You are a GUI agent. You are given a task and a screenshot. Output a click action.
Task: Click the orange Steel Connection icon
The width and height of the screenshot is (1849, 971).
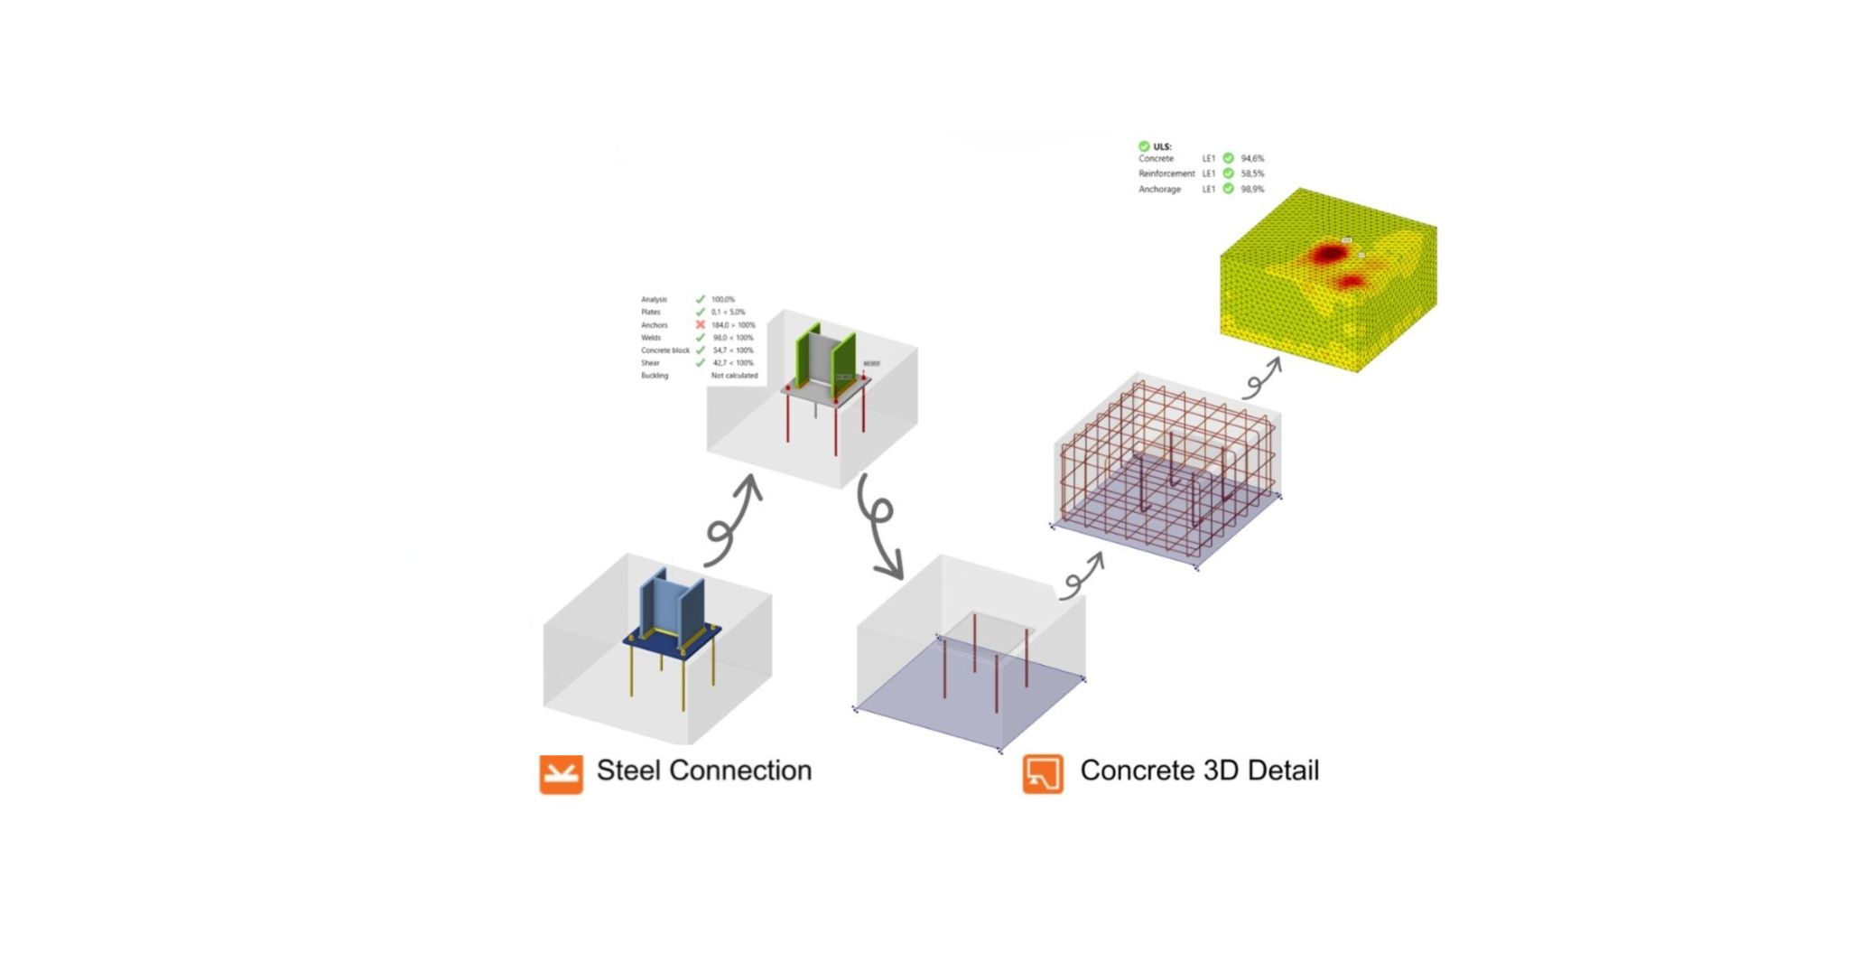pyautogui.click(x=561, y=774)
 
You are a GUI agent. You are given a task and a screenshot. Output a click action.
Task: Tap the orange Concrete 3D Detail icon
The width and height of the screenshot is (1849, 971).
pyautogui.click(x=1043, y=774)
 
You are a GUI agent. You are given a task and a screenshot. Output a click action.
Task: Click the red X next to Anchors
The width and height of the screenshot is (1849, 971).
pyautogui.click(x=700, y=324)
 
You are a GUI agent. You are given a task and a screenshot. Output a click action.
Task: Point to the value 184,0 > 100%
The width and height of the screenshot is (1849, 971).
pyautogui.click(x=733, y=325)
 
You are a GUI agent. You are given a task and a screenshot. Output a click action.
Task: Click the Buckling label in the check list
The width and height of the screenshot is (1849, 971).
pyautogui.click(x=655, y=376)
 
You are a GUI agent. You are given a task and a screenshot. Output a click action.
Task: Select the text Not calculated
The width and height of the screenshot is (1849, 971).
pyautogui.click(x=734, y=376)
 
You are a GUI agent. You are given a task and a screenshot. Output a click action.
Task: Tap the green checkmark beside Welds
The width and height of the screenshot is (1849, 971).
pyautogui.click(x=700, y=337)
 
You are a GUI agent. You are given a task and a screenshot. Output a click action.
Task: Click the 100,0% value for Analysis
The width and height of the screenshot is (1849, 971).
pyautogui.click(x=722, y=299)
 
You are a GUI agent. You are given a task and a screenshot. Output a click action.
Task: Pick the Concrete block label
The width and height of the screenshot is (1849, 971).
pyautogui.click(x=664, y=350)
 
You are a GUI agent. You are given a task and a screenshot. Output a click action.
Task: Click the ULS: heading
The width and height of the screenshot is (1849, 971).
pyautogui.click(x=1162, y=146)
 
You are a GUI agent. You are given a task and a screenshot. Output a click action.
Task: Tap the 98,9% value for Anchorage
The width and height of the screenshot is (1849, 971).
pyautogui.click(x=1252, y=190)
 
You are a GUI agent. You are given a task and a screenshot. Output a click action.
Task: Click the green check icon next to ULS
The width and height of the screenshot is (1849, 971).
pyautogui.click(x=1144, y=146)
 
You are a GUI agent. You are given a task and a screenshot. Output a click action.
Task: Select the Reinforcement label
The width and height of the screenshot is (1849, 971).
pyautogui.click(x=1166, y=173)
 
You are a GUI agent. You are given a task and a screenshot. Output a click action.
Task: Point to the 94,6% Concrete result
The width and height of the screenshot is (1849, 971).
pyautogui.click(x=1252, y=159)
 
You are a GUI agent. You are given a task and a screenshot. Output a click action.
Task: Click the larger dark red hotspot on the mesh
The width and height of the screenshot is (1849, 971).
pyautogui.click(x=1327, y=254)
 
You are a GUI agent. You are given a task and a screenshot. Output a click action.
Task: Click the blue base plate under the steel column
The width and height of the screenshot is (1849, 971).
pyautogui.click(x=672, y=643)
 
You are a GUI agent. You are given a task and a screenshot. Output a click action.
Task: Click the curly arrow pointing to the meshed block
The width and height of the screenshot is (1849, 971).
pyautogui.click(x=1261, y=378)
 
